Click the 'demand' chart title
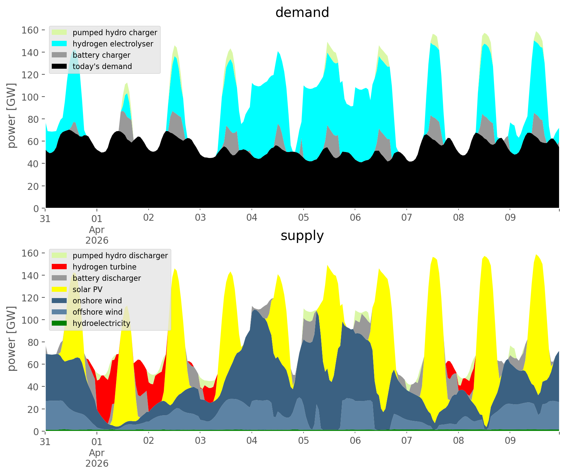click(302, 13)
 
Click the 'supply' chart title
click(302, 236)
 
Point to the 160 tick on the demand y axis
click(30, 30)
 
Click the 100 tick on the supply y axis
click(30, 320)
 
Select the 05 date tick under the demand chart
click(303, 218)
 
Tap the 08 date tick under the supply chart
click(458, 441)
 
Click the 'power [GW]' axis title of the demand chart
click(12, 116)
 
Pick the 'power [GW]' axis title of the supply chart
click(12, 339)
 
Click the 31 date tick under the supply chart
click(45, 441)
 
